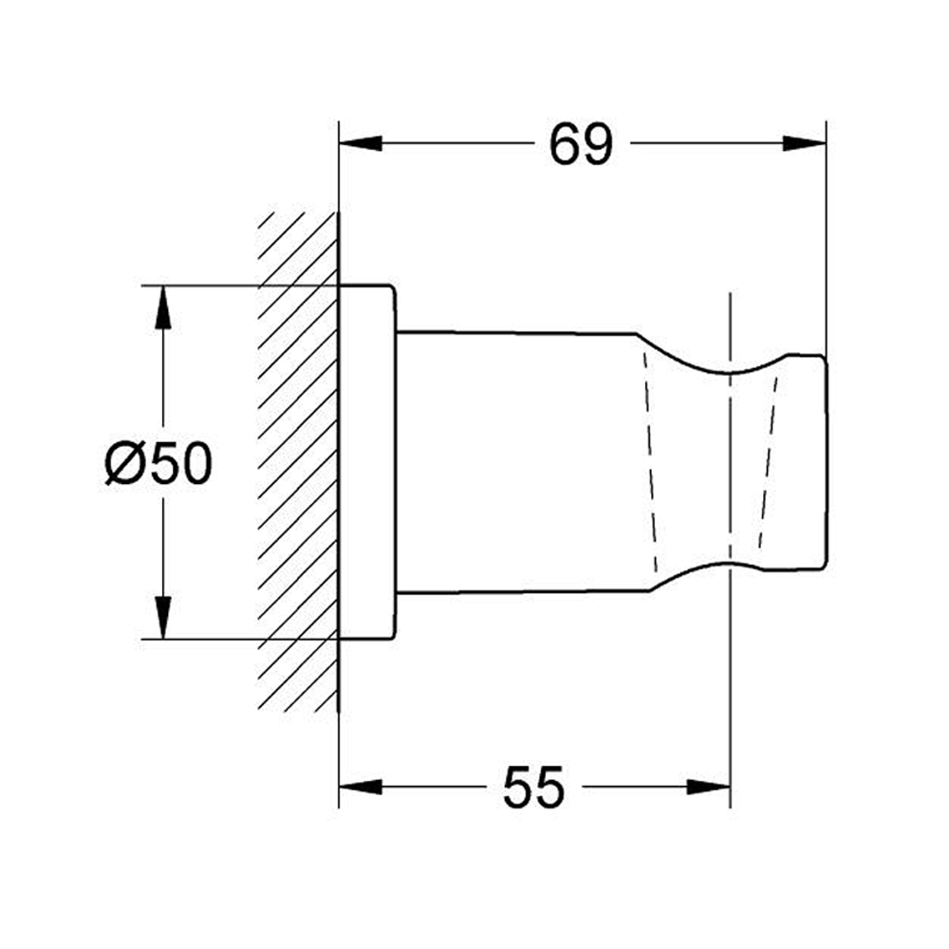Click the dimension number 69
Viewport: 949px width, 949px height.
582,144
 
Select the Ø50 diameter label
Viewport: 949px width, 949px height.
159,464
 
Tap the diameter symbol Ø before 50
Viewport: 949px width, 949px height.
124,464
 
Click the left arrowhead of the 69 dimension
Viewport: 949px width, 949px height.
361,144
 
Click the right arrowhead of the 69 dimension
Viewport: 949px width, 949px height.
805,144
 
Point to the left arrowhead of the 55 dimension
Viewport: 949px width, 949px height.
361,787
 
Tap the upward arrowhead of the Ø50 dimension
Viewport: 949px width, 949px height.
163,306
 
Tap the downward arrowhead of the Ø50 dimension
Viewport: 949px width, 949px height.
163,619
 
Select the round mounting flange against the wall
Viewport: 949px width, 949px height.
367,464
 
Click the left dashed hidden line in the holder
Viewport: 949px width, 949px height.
650,464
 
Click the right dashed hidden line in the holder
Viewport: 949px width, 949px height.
767,464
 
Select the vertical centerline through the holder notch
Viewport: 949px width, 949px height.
730,664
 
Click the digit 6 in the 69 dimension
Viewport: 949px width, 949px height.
565,144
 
